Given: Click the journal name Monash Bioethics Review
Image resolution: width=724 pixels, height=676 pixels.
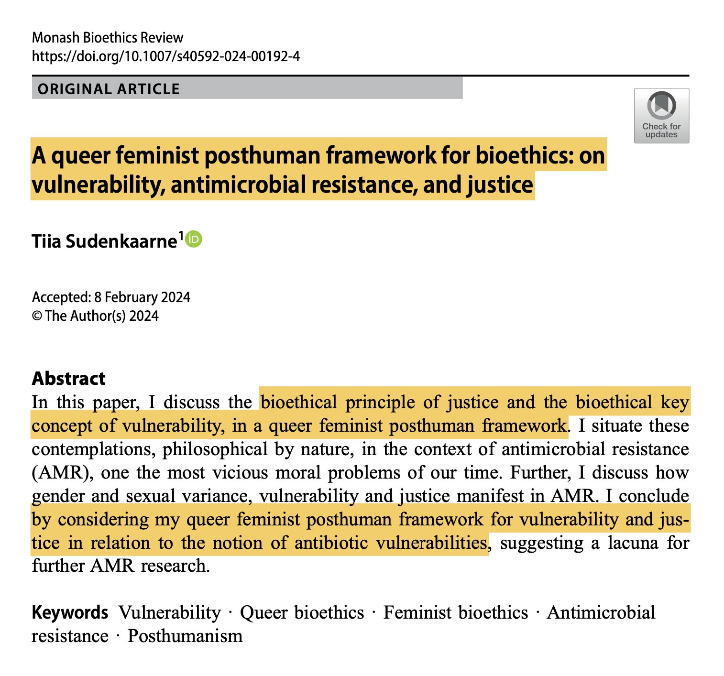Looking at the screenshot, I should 108,38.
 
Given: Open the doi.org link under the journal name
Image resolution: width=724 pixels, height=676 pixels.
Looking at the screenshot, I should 165,56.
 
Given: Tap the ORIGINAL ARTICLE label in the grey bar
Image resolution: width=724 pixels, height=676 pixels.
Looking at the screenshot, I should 109,89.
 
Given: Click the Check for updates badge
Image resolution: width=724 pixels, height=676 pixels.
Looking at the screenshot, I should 661,115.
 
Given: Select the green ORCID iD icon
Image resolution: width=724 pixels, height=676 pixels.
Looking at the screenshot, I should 194,239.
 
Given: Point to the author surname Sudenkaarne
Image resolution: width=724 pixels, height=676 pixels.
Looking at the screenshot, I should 121,241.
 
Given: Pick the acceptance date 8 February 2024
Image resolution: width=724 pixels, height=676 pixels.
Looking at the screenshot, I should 142,297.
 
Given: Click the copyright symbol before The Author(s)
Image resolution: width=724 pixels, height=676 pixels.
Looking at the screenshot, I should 37,316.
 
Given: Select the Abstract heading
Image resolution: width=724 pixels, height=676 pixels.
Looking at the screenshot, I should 68,379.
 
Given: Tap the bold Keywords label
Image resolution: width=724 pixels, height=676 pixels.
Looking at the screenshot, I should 70,612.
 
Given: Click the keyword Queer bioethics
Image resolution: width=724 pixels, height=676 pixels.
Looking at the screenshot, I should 302,612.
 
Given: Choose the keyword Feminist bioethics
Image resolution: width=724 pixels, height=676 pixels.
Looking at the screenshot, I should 455,612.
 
